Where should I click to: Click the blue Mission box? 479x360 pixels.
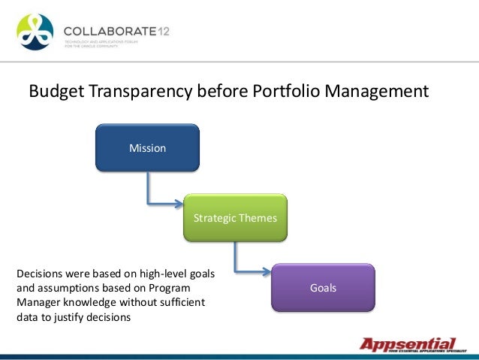(147, 148)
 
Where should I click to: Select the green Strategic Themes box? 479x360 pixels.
(235, 218)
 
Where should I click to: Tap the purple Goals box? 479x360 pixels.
(323, 288)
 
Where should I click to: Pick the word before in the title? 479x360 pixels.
(220, 92)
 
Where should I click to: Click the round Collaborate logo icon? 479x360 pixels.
(35, 32)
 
